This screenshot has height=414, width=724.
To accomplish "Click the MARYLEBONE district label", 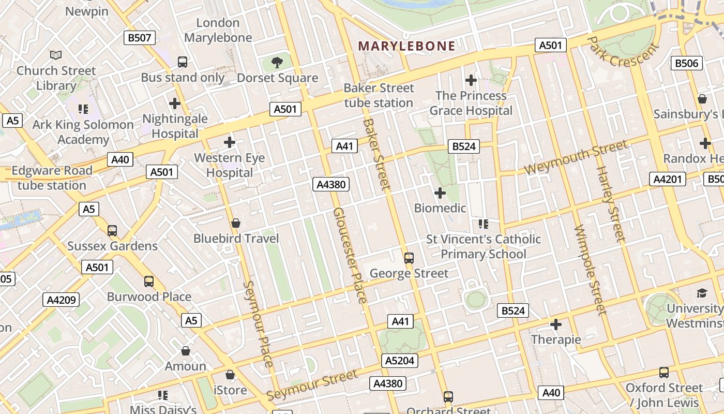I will click(406, 46).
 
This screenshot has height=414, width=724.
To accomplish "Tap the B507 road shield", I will click(140, 37).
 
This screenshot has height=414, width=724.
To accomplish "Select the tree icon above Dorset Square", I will click(277, 63).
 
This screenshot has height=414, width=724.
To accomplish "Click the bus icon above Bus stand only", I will click(183, 62).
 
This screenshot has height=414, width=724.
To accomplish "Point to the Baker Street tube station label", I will click(379, 95).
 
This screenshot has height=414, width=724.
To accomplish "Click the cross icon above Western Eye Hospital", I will click(229, 142).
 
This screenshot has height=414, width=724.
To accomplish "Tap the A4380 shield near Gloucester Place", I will click(331, 184).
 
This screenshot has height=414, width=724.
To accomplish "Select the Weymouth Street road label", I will click(576, 157).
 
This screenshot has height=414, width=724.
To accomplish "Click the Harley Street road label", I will click(610, 204).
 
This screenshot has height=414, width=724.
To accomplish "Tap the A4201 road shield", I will click(668, 179).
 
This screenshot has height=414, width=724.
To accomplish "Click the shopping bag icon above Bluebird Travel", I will click(236, 223).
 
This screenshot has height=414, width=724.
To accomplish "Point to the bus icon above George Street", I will click(409, 258).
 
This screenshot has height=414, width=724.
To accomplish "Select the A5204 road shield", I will click(400, 361).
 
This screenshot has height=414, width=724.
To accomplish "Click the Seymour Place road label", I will click(258, 324).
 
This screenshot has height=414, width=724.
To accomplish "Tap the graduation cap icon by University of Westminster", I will click(701, 293).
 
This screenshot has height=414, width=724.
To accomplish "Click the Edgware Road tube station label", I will click(52, 178).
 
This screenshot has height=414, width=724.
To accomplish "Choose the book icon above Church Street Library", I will click(56, 54).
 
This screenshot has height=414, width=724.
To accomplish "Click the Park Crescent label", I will click(624, 52).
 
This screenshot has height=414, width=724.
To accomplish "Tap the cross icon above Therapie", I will click(556, 324).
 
